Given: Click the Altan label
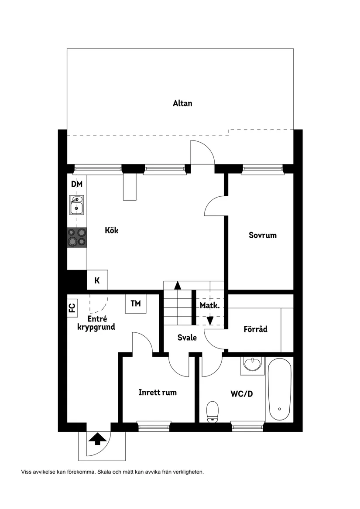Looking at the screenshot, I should [182, 103].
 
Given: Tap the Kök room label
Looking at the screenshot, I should [111, 230].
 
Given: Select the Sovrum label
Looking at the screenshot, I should [263, 235].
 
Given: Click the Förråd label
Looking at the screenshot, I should [255, 329].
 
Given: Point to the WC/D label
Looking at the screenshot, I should [242, 394].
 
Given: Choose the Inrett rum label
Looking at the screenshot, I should [158, 392].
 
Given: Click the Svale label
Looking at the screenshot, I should [187, 337].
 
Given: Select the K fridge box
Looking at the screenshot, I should [97, 280].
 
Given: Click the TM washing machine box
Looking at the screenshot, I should [136, 304].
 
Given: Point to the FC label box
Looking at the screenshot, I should [72, 307].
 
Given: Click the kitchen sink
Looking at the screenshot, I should [77, 205].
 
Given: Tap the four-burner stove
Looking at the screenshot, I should [77, 238].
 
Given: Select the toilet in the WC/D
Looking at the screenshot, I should [213, 411].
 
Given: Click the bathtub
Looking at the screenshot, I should [279, 390].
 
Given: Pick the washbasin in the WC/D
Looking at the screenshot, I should [252, 365].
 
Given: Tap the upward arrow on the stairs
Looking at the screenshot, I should [178, 286].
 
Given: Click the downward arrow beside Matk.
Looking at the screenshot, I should [210, 320].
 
